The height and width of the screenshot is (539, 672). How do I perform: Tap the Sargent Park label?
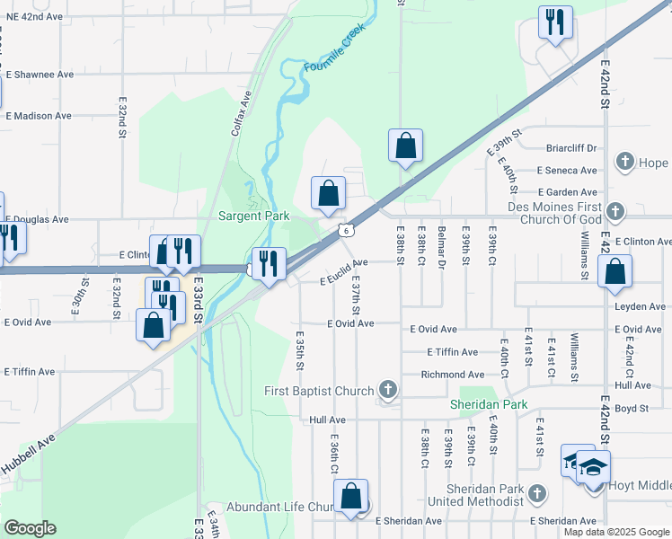pos(253,216)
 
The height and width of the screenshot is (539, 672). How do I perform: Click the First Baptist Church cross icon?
pos(387,390)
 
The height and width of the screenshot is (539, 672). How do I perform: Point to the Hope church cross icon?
pos(625,163)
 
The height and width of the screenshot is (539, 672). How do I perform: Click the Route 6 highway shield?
pos(346,231)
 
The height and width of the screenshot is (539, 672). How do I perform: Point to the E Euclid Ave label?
pos(344,272)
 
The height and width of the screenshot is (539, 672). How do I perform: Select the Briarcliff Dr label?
pos(571,148)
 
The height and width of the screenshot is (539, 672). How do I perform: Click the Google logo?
pos(30,528)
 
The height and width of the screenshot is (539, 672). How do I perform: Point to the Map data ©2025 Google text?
pos(615,532)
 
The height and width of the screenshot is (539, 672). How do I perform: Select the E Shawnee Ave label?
pos(40,75)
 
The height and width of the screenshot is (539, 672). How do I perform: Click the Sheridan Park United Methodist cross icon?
pos(536,493)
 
